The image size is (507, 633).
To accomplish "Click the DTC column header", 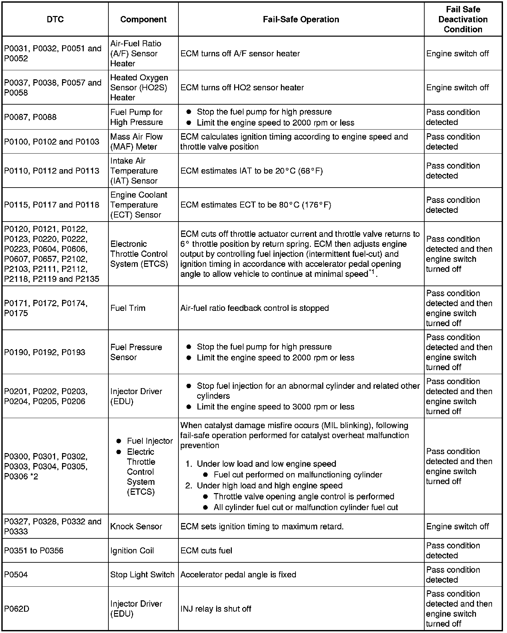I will [x=55, y=19].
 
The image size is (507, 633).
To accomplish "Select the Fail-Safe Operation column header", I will [x=301, y=19].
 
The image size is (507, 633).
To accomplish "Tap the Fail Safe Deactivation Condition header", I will [x=463, y=19].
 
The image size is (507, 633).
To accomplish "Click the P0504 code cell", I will [x=16, y=574].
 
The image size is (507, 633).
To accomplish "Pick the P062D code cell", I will [x=17, y=609].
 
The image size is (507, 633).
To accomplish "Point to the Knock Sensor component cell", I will [x=136, y=526].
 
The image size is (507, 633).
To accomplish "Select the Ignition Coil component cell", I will [x=132, y=550].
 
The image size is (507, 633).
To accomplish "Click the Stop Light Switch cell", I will [x=142, y=574].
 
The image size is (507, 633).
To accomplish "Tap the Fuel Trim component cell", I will [x=128, y=308].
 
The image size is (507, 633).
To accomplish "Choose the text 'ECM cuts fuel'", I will [x=206, y=550].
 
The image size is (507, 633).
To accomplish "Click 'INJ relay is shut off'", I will [x=215, y=609].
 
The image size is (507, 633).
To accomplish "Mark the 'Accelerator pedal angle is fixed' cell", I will [x=238, y=574].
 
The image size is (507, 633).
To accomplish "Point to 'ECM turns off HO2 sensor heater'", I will [x=242, y=87].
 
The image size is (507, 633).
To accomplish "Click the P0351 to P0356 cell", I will [x=34, y=550].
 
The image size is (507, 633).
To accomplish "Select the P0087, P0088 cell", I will [x=30, y=117].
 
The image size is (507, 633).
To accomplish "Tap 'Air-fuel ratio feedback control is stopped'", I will [x=255, y=308].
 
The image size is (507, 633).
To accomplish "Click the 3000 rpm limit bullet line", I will [x=276, y=406].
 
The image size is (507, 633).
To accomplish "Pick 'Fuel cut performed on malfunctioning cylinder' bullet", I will [x=298, y=474].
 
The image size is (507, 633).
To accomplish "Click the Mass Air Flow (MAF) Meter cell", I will [x=136, y=142].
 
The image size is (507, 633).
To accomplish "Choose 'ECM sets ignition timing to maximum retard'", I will [x=262, y=526].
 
